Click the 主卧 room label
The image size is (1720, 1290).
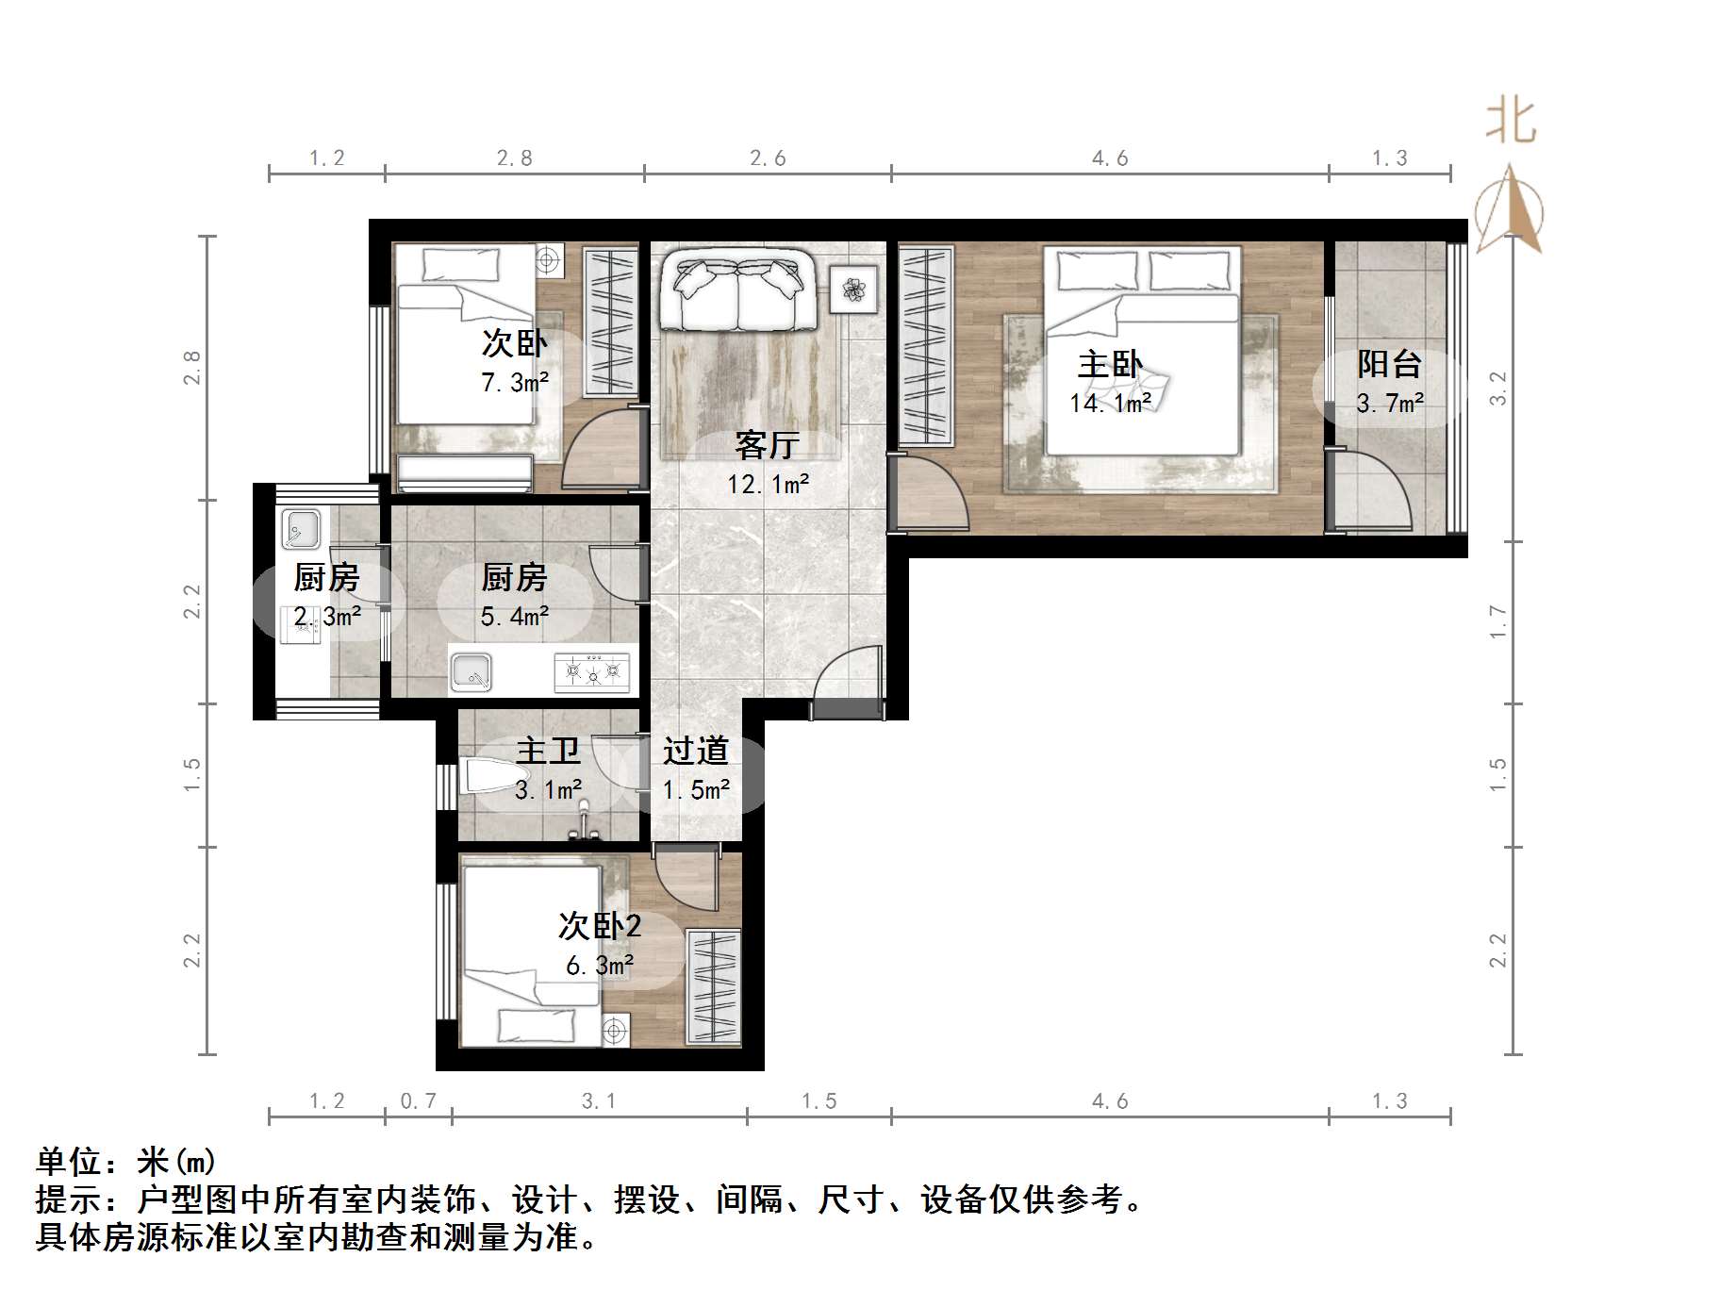tap(1110, 365)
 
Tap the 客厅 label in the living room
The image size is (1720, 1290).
tap(768, 445)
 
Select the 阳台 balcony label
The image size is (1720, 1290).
tap(1389, 364)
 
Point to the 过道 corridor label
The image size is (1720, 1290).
tap(696, 751)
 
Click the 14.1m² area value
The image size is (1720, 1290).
tap(1110, 404)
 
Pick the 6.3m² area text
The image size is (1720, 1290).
tap(600, 966)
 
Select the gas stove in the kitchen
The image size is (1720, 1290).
tap(591, 671)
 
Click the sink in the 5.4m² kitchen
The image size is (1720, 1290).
tap(471, 671)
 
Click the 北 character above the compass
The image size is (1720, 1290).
tap(1511, 123)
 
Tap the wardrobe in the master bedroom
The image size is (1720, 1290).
tap(925, 344)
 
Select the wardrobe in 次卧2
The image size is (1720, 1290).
tap(713, 986)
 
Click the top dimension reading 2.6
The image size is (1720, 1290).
tap(768, 158)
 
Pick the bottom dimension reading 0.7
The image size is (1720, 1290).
tap(419, 1100)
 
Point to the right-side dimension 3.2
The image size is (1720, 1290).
tap(1497, 389)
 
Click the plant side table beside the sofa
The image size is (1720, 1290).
tap(853, 289)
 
